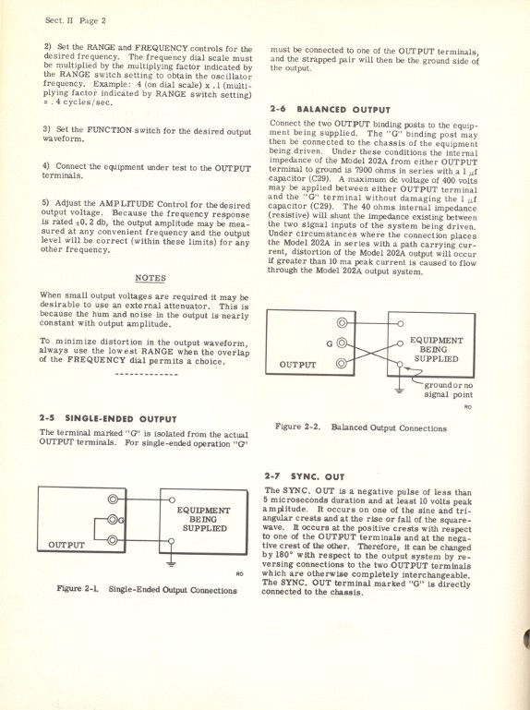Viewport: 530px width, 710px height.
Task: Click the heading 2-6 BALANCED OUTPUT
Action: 318,109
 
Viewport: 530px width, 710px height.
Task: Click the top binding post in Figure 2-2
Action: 343,324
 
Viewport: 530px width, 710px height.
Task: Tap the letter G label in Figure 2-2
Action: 330,343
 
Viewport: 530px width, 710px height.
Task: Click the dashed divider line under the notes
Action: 150,376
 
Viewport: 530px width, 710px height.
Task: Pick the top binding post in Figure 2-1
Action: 114,499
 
